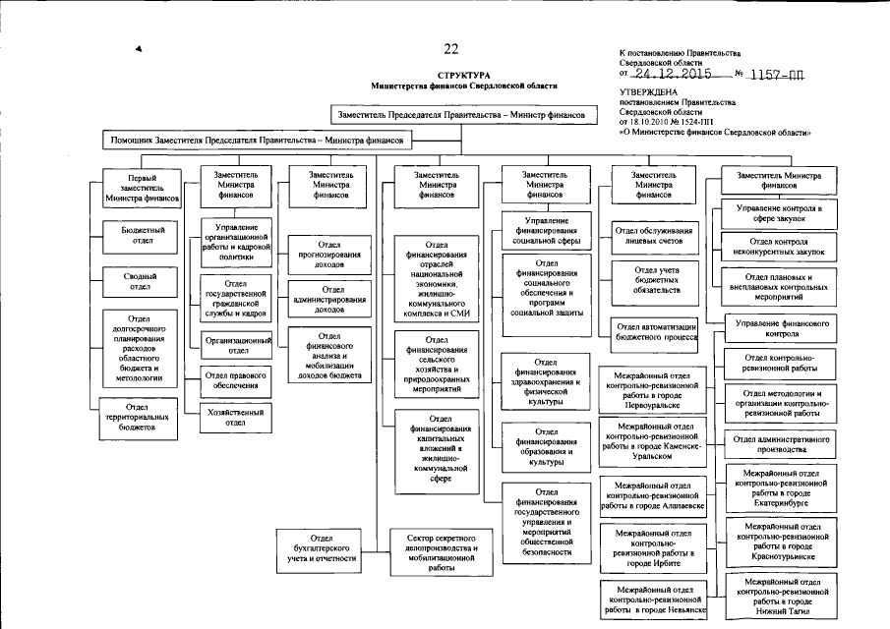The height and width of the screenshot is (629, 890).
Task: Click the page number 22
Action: tap(450, 49)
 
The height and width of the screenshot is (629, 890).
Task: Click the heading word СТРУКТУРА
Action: tap(463, 75)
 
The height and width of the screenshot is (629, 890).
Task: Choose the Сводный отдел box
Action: tap(143, 282)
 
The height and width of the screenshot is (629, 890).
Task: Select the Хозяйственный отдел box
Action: tap(231, 419)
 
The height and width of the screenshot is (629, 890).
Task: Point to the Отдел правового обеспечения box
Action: tap(231, 380)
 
